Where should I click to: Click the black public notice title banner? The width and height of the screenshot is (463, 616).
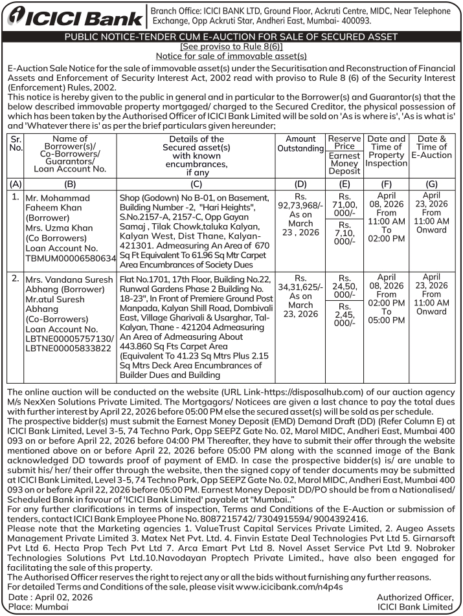tap(231, 37)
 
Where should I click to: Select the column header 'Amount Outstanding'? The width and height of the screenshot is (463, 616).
tap(300, 144)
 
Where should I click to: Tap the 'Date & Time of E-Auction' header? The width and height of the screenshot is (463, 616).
tap(433, 147)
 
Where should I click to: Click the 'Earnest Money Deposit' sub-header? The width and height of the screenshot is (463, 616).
tap(344, 163)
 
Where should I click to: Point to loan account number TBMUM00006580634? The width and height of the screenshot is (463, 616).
tap(70, 258)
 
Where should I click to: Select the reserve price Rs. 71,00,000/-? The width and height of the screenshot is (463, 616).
tap(344, 206)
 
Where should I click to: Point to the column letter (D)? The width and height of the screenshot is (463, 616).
tap(300, 184)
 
